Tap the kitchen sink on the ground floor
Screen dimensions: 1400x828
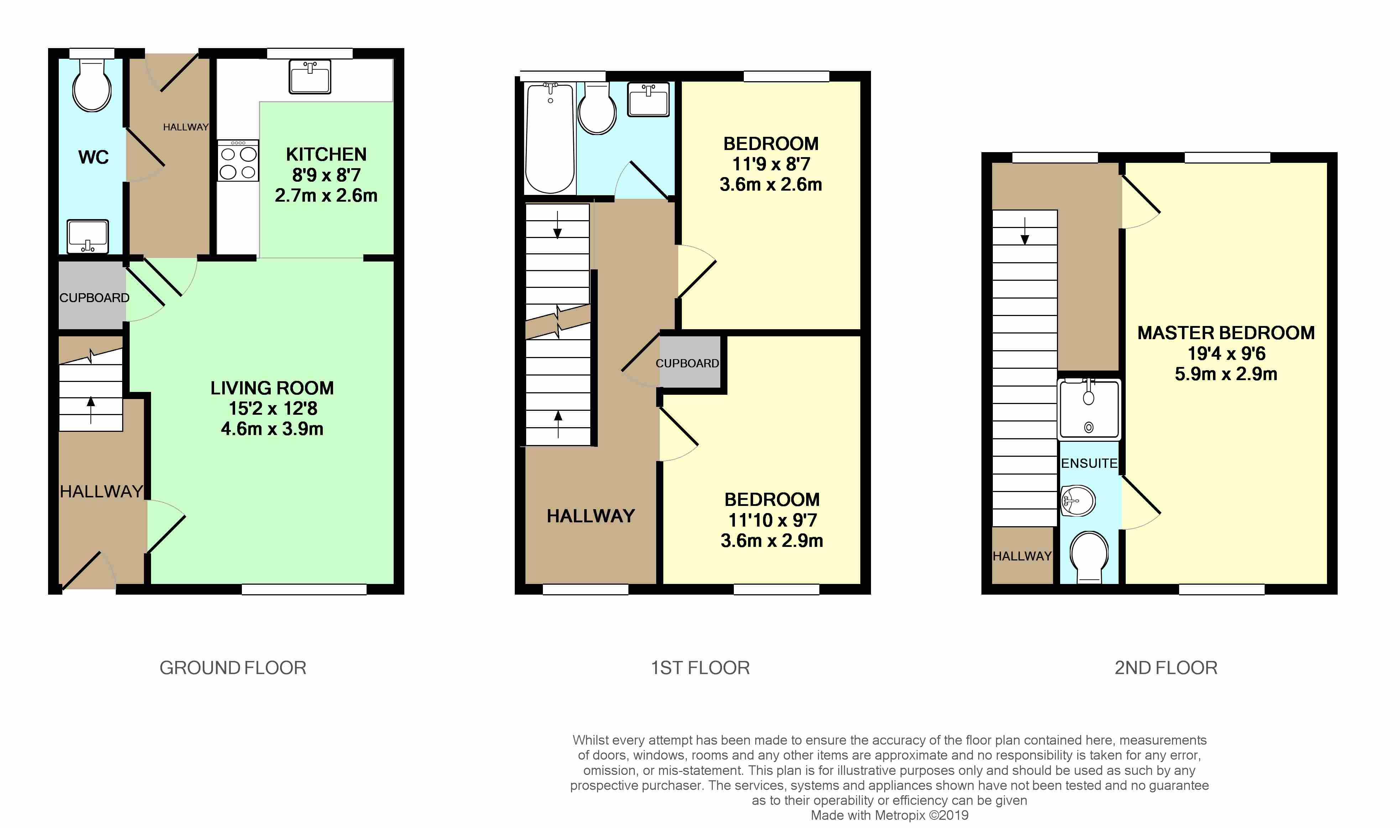coord(310,77)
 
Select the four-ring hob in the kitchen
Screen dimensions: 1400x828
coord(238,161)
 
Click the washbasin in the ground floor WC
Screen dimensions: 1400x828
coord(88,236)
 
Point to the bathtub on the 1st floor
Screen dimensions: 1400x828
coord(550,138)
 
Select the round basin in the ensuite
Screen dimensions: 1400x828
coord(1078,501)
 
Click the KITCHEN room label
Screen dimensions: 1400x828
coord(326,154)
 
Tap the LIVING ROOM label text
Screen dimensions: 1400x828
coord(272,388)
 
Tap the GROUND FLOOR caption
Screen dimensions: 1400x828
coord(233,668)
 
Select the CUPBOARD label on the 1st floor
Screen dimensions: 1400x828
coord(687,363)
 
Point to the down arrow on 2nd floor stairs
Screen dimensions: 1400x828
coord(1025,231)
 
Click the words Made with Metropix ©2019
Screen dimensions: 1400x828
coord(890,815)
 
